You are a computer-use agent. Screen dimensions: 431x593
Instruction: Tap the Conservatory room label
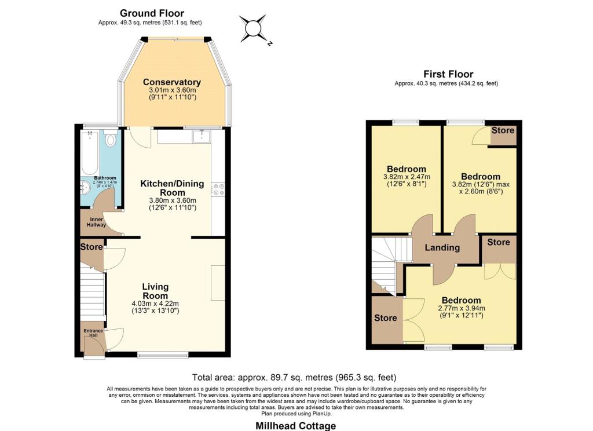172,82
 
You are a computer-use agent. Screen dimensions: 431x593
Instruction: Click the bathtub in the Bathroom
91,152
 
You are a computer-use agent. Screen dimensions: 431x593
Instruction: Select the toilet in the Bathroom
111,140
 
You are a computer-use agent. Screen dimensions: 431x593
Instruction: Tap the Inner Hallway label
93,222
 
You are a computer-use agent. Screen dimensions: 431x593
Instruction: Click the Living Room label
155,291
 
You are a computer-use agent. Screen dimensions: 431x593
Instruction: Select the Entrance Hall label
93,333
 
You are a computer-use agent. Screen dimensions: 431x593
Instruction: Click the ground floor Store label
91,247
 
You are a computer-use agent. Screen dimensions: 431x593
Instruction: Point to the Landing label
443,247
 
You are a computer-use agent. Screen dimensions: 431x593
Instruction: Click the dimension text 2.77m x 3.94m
462,308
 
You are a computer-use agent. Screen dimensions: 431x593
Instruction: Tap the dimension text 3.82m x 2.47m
405,177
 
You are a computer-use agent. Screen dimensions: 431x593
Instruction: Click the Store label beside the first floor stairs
385,318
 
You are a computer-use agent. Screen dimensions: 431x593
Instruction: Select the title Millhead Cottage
296,426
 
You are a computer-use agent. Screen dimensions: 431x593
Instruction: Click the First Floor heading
448,74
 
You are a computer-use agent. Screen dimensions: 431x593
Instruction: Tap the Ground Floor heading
152,13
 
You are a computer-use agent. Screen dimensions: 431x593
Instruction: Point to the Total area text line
294,377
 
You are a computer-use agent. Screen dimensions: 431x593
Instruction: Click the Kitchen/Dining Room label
172,188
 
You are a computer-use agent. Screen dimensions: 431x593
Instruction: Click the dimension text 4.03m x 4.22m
155,304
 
